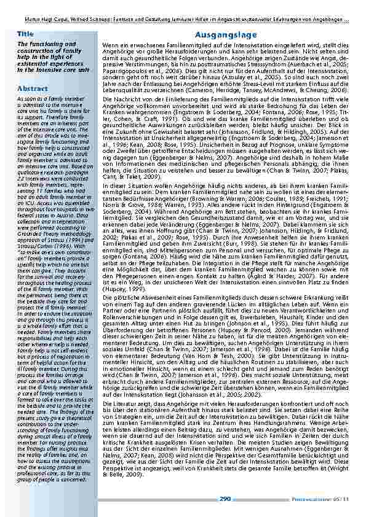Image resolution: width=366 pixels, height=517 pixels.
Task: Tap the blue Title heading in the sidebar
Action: tap(26, 33)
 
